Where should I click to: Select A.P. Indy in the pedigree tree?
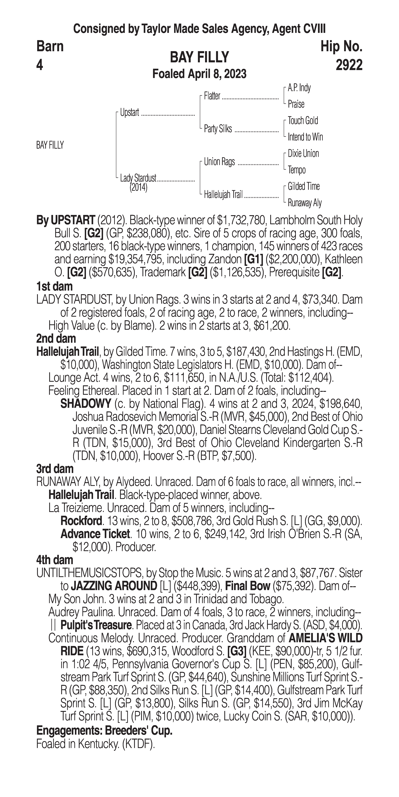[x=299, y=88]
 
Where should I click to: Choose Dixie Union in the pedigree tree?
[x=303, y=154]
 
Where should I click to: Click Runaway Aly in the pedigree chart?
[x=305, y=203]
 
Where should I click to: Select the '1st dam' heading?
[x=54, y=286]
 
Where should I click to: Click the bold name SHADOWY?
[x=86, y=404]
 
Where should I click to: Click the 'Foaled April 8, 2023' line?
[x=199, y=74]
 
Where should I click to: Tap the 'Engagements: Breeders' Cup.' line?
[x=104, y=730]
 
